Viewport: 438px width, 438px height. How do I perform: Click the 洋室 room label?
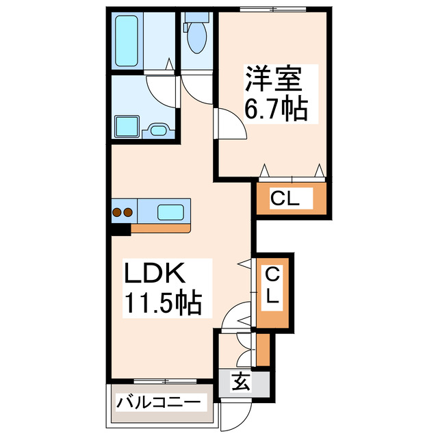272,80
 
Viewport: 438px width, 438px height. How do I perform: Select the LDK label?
155,273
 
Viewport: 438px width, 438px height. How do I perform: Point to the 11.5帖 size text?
163,302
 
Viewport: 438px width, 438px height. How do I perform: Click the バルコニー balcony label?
157,402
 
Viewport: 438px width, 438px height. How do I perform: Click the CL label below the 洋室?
285,199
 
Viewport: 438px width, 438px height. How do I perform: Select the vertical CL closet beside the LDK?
273,289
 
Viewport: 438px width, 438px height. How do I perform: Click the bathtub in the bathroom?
129,41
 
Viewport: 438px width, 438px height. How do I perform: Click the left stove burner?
117,212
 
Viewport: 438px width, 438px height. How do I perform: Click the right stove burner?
127,212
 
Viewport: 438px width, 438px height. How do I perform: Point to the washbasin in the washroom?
158,129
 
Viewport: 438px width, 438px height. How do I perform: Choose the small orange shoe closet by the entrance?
263,348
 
